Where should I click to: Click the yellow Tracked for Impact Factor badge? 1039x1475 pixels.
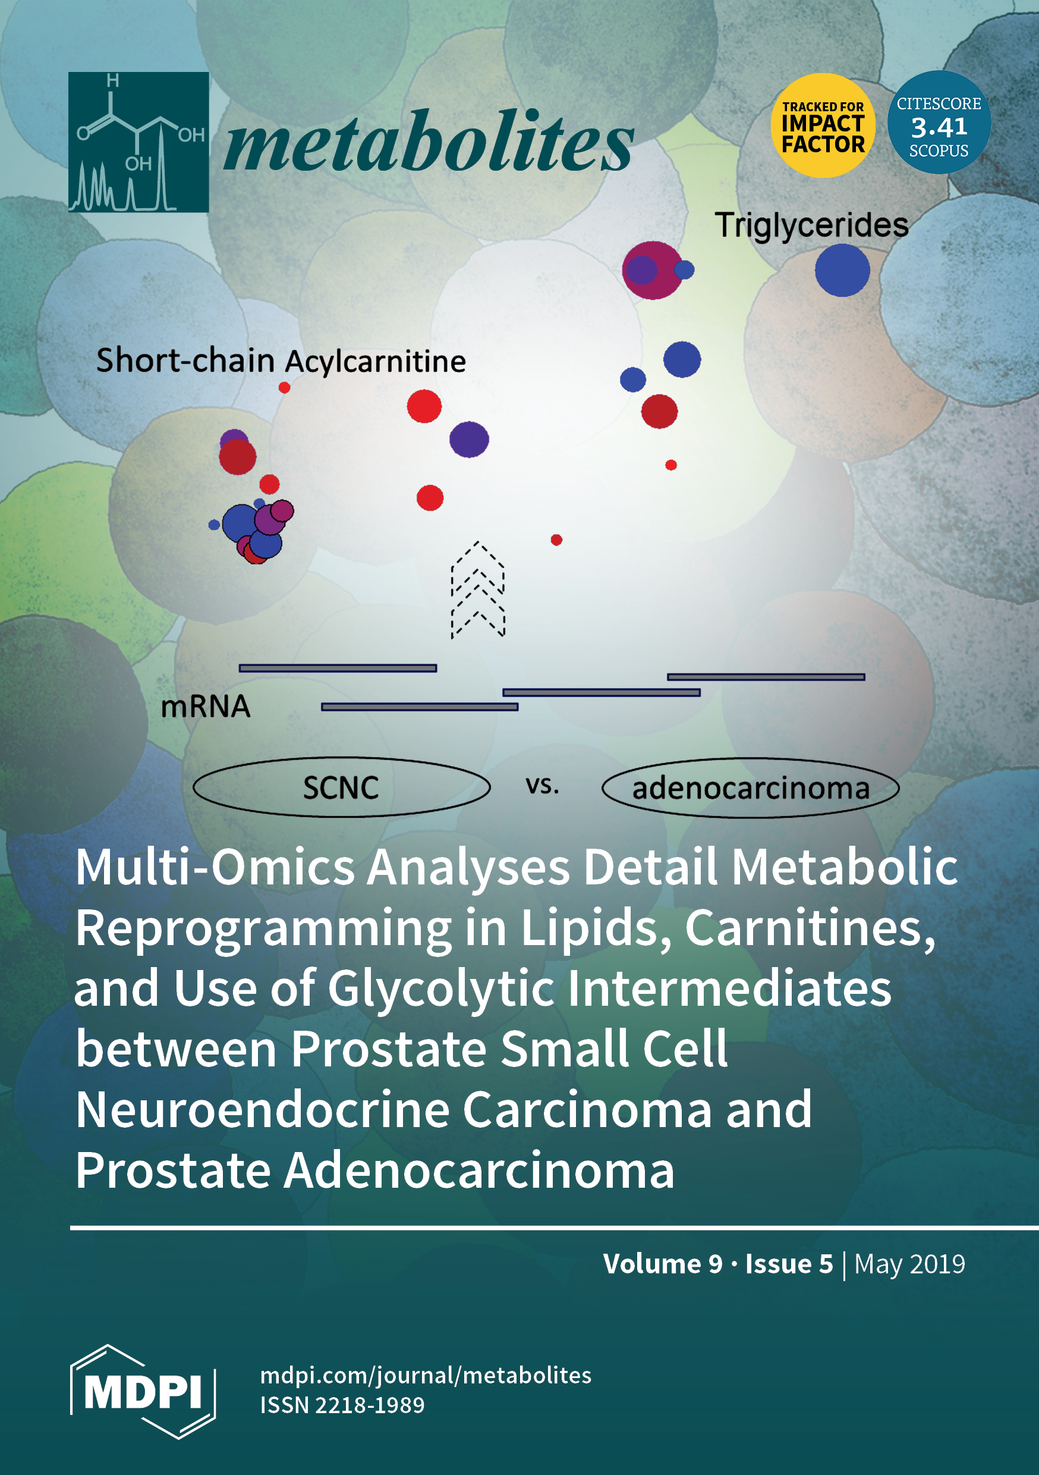[x=823, y=125]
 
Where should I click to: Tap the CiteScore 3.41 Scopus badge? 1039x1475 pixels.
[x=939, y=122]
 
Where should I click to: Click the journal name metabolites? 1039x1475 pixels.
[x=429, y=142]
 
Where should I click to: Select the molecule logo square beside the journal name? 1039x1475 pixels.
[x=138, y=142]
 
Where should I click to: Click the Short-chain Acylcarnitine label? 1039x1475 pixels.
[x=281, y=360]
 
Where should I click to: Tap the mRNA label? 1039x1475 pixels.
[x=206, y=707]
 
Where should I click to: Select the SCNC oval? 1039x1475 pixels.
[x=342, y=787]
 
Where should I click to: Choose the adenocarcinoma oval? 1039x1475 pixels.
[x=750, y=787]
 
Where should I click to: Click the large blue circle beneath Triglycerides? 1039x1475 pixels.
[x=842, y=271]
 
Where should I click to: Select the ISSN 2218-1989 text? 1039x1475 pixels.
[x=342, y=1405]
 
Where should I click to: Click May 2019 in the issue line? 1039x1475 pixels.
[x=910, y=1264]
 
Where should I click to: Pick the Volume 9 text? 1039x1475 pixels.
[x=663, y=1264]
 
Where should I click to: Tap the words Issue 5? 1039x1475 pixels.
[x=789, y=1264]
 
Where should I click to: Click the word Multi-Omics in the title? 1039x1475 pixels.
[x=215, y=867]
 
